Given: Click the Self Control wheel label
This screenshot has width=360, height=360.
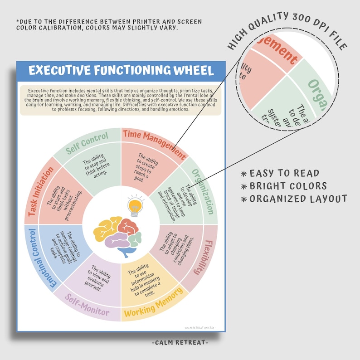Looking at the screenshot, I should [x=88, y=143].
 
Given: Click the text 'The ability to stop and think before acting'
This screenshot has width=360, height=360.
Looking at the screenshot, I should [x=95, y=167].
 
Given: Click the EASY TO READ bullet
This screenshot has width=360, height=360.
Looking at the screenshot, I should [x=284, y=173].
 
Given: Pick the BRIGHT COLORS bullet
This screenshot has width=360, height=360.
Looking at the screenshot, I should [x=287, y=186].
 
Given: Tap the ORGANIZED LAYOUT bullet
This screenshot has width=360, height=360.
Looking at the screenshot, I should [x=297, y=199].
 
